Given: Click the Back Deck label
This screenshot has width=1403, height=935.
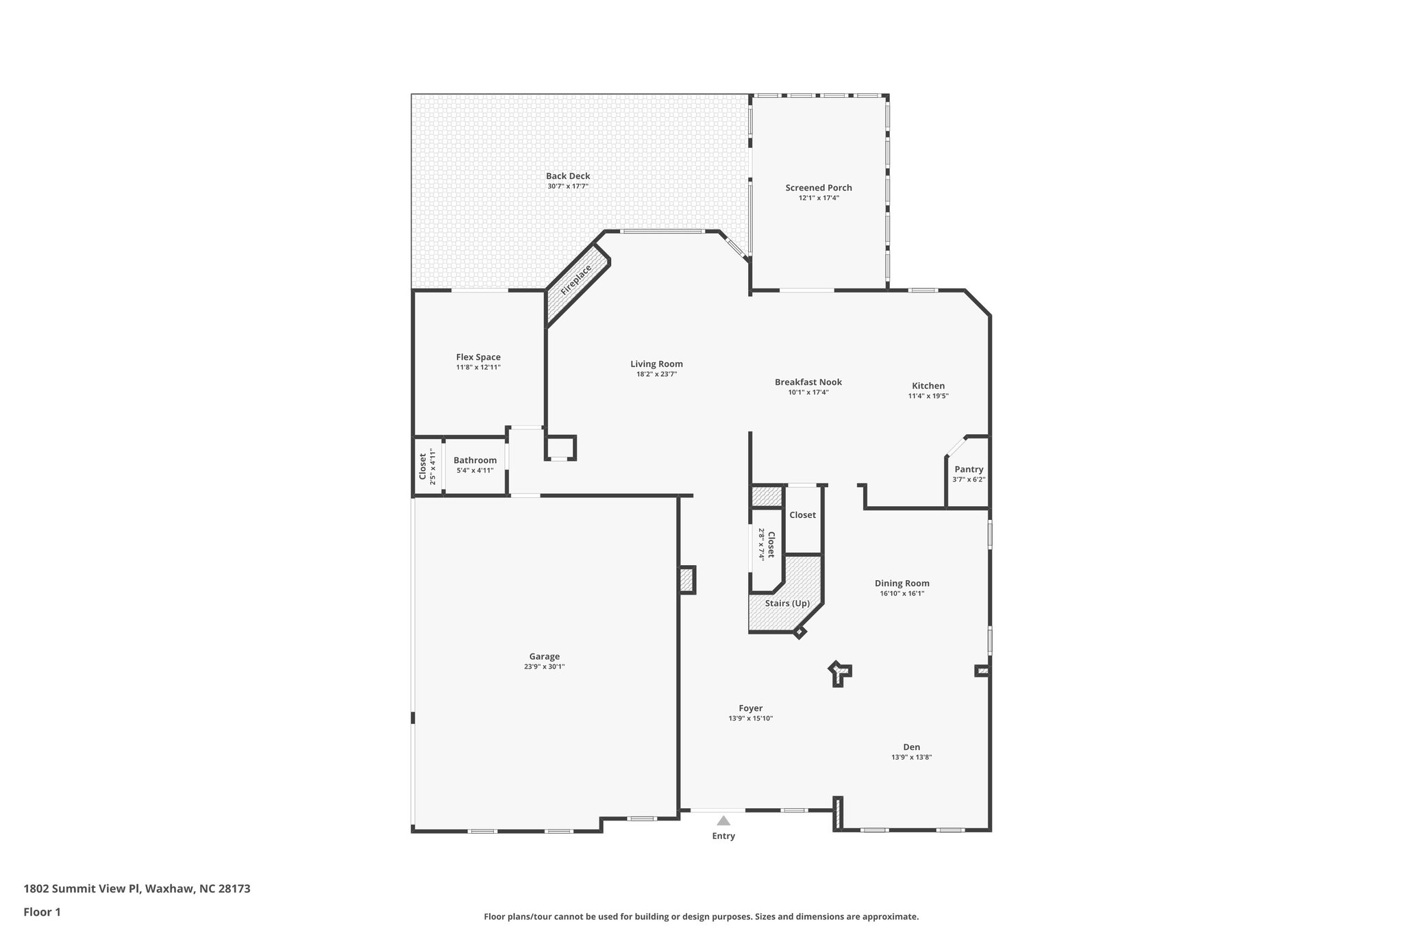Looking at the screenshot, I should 568,176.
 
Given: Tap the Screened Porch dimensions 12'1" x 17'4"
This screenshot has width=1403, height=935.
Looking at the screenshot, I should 819,198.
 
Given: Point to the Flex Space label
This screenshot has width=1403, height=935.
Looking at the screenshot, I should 478,357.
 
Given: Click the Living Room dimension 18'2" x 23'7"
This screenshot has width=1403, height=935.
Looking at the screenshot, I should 656,374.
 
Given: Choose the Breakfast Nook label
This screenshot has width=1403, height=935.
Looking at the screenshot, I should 808,382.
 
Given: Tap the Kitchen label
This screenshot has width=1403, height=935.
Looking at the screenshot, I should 928,386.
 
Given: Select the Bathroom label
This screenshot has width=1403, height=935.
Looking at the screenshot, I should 475,460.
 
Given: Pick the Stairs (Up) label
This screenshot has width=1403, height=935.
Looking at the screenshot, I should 787,603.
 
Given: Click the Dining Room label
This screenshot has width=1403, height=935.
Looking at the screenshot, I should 902,584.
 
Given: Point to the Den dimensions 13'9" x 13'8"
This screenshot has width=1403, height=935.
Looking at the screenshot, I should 911,758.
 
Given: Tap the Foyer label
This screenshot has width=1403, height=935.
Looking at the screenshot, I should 750,708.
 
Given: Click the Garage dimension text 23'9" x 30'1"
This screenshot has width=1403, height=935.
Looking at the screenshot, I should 544,666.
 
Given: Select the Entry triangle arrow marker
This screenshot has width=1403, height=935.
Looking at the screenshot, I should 723,821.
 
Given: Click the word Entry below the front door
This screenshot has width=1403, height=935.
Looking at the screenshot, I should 723,836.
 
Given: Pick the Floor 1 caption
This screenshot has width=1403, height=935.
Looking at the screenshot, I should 42,912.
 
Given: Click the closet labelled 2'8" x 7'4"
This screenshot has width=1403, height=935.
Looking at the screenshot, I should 766,544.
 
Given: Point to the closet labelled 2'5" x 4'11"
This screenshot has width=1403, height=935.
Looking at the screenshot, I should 427,466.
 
